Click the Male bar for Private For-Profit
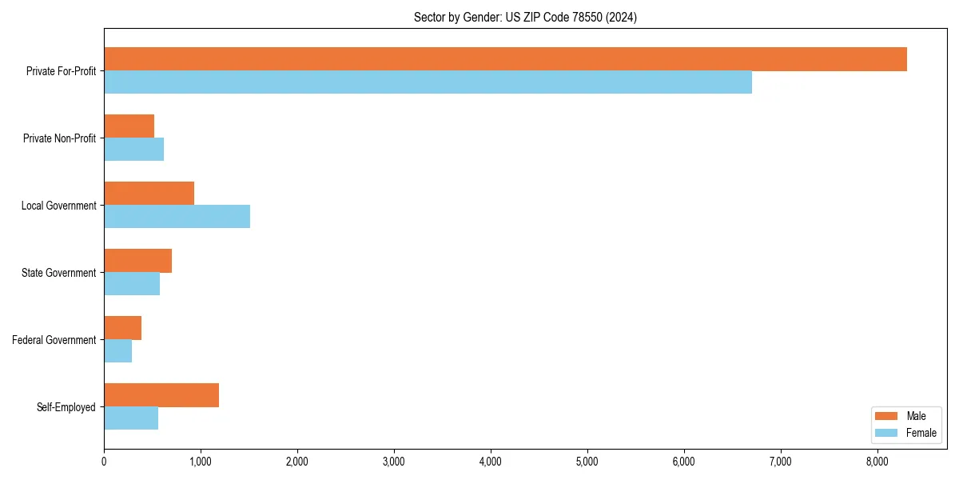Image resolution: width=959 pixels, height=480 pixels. click(x=505, y=59)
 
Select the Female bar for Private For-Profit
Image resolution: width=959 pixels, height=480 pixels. click(x=428, y=82)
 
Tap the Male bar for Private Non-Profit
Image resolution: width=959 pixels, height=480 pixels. click(x=129, y=126)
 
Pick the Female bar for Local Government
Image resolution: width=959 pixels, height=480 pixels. click(x=177, y=216)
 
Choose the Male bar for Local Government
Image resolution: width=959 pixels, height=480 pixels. click(x=149, y=194)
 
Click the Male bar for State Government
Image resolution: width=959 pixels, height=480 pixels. click(x=137, y=261)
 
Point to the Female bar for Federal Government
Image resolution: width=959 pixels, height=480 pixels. click(x=117, y=350)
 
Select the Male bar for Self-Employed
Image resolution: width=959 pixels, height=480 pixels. click(x=161, y=395)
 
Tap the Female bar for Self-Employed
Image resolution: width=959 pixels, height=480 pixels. click(x=131, y=418)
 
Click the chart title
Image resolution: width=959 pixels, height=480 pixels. click(x=525, y=17)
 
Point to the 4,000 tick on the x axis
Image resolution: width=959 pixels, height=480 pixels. click(x=491, y=461)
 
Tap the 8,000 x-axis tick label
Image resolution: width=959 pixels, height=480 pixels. click(x=877, y=461)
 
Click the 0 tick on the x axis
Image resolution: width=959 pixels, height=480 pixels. click(x=104, y=461)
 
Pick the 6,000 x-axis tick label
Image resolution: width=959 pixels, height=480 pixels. click(x=684, y=461)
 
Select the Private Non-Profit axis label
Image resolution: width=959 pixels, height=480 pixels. click(x=59, y=138)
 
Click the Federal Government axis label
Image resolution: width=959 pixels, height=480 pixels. click(x=54, y=340)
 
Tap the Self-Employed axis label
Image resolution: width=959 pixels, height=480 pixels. click(x=66, y=407)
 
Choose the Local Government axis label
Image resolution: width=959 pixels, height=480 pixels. click(x=58, y=206)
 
